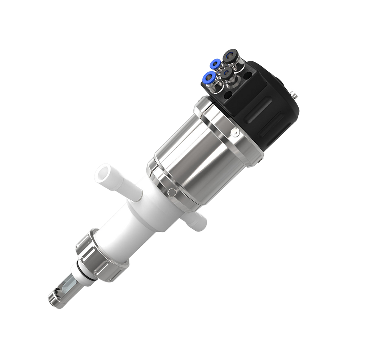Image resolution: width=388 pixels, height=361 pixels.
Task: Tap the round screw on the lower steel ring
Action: click(172, 192)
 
